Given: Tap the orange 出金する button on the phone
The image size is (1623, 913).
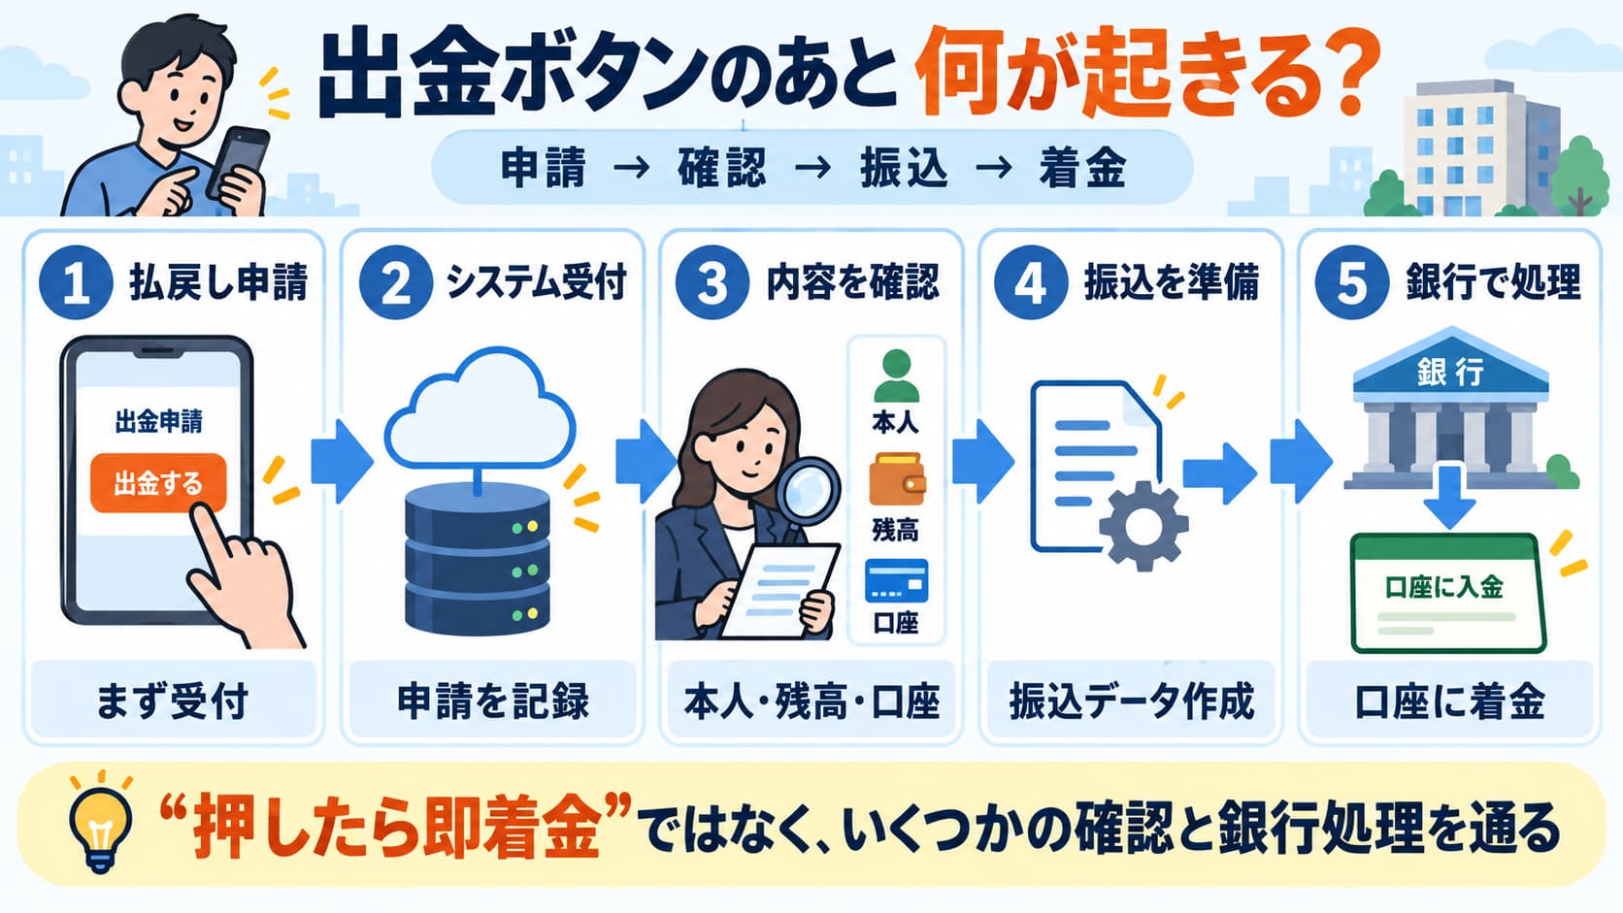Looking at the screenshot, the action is tap(158, 483).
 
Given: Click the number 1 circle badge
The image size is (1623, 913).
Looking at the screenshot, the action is tap(76, 282).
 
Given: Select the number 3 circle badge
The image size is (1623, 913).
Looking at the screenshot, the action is tap(712, 282).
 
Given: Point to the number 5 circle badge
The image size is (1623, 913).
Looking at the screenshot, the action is tap(1351, 282).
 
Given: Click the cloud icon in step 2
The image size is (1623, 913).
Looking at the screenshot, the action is tap(480, 409).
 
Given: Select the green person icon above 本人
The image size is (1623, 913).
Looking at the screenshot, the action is tap(896, 375).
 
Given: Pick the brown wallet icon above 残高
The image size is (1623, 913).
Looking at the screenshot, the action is tap(897, 479).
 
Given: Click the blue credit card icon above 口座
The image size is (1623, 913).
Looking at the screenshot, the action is tap(896, 580).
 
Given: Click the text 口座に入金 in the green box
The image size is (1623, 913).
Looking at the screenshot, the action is tap(1444, 587).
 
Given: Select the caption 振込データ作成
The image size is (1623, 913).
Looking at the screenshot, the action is tap(1131, 701).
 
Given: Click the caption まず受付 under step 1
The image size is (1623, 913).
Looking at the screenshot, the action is tap(173, 701).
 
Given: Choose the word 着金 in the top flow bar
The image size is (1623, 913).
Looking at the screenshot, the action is tap(1082, 168).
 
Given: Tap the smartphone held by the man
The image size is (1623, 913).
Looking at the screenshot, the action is tap(236, 163).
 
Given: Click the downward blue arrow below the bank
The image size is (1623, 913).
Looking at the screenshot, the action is tap(1449, 495).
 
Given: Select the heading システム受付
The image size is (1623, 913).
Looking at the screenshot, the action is tap(536, 281).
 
